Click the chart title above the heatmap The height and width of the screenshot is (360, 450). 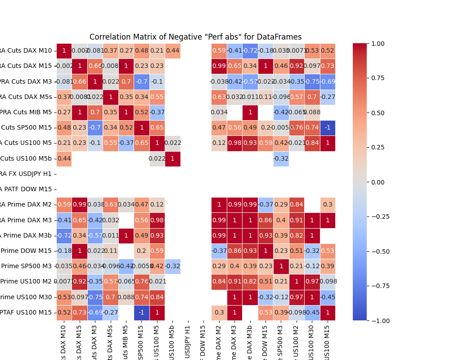tap(195, 37)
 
